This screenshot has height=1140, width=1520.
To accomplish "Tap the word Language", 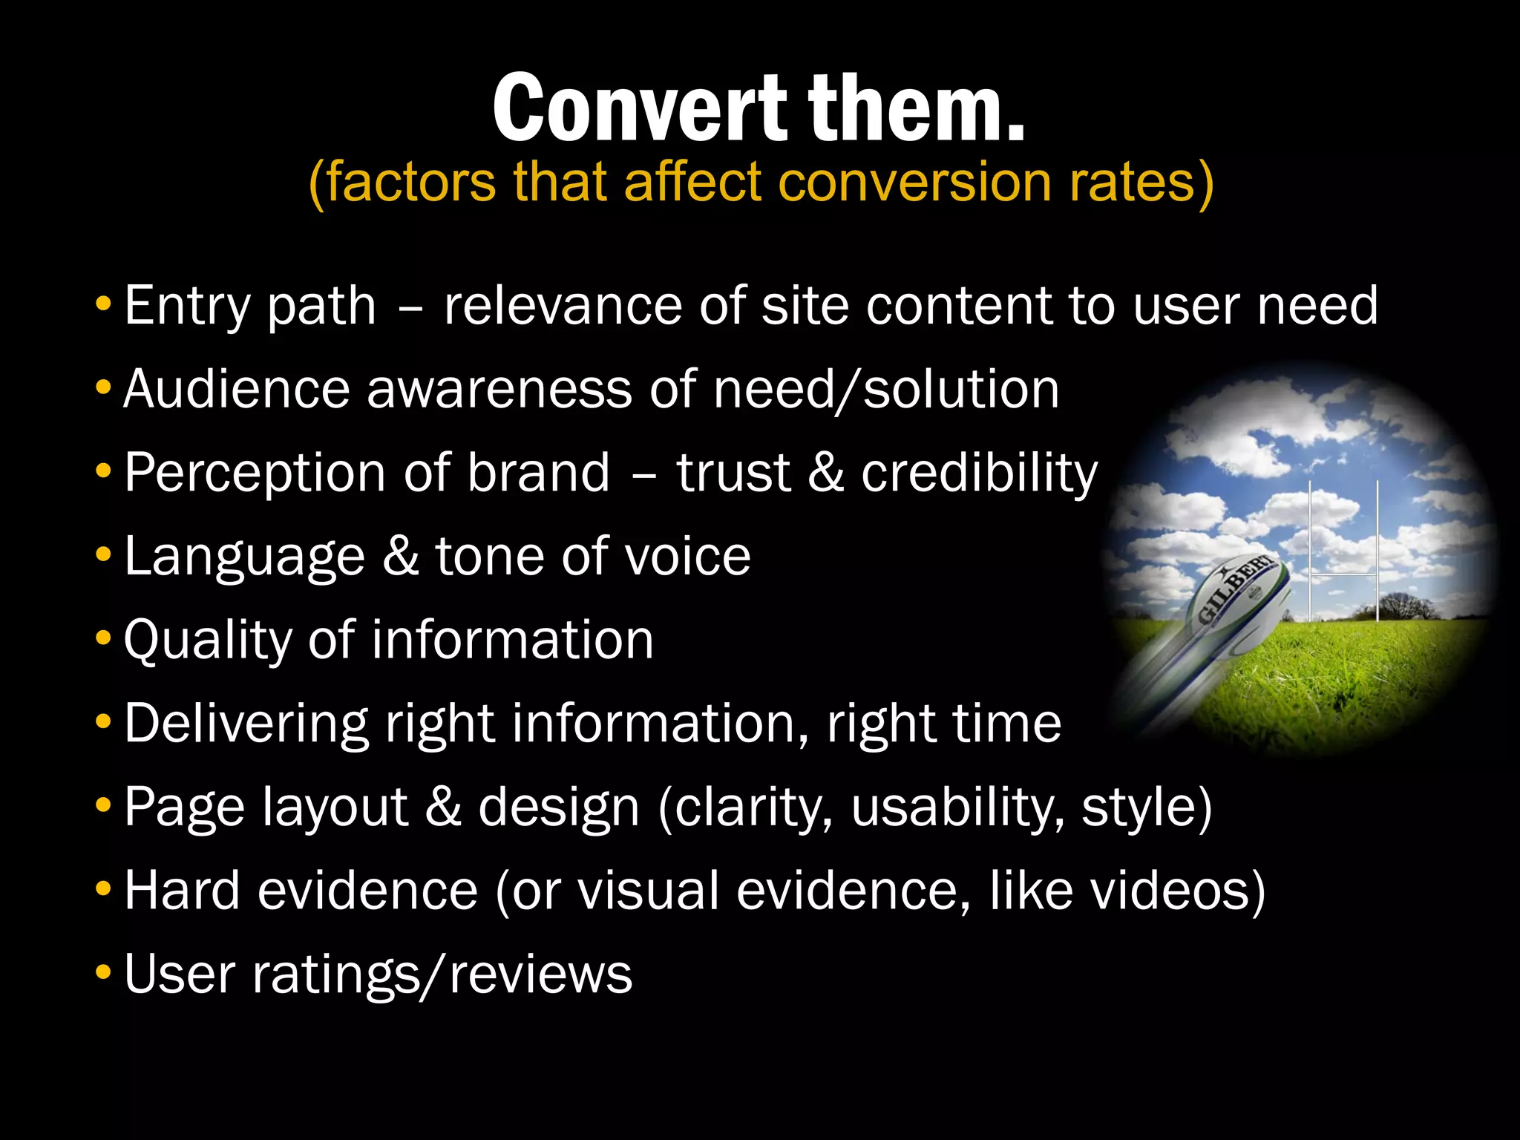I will click(244, 557).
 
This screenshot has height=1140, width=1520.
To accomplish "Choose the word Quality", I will click(207, 641).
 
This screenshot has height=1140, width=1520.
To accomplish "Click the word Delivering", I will click(246, 724).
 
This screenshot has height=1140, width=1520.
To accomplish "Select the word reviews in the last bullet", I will click(541, 974).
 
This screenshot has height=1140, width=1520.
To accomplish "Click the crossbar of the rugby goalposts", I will click(1343, 574).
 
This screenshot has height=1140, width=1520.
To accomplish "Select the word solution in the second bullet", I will click(961, 389).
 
